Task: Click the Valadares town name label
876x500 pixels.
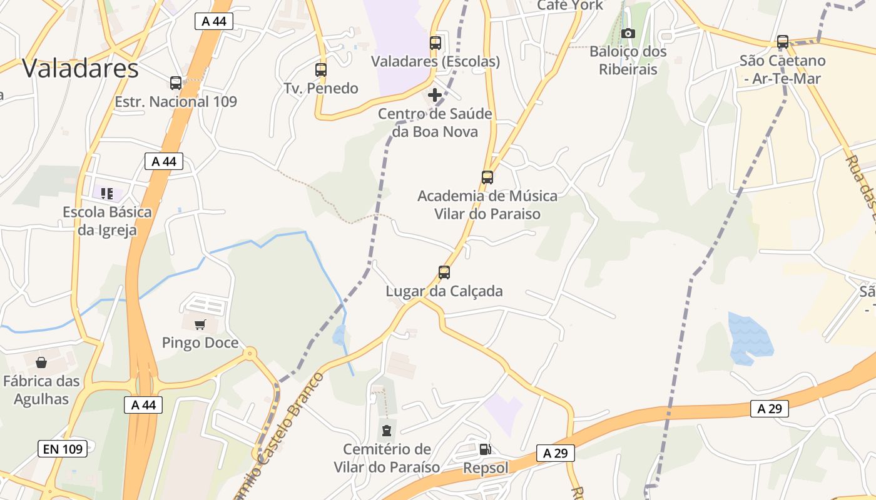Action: point(80,68)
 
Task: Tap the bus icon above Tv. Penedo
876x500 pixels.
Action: point(321,69)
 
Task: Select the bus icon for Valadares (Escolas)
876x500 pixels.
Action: point(435,43)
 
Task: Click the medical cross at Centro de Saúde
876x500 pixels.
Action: point(435,96)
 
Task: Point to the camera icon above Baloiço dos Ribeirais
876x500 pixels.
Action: point(628,33)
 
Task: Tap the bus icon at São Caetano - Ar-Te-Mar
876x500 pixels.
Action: point(783,42)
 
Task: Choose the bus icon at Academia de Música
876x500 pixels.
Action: point(487,177)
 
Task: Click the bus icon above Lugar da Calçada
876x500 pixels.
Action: point(444,272)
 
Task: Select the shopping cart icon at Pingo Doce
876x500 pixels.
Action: point(200,324)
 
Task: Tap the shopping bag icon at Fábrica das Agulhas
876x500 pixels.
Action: point(41,362)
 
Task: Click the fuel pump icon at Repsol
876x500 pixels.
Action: point(485,449)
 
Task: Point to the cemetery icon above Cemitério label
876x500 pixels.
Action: point(387,430)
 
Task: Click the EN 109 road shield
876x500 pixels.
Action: point(63,448)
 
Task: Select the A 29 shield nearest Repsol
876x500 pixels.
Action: point(556,453)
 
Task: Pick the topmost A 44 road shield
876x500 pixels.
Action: point(213,21)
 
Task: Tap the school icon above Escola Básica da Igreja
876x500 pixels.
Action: point(107,194)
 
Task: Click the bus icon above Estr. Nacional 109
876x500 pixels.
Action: point(176,82)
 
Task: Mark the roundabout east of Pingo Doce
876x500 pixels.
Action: point(250,353)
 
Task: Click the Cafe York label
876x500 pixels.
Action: point(570,5)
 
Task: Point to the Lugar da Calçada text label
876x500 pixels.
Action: point(444,291)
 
